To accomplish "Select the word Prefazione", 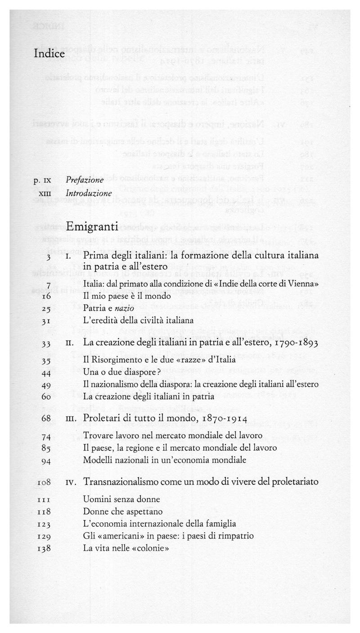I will click(x=85, y=180).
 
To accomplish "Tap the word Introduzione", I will click(x=88, y=193).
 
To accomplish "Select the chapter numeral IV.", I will click(x=71, y=482).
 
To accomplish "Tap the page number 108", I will click(x=44, y=482).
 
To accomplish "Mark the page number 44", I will click(x=49, y=373).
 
